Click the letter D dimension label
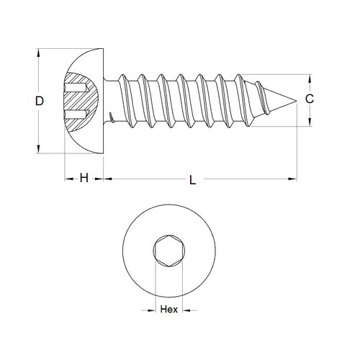40,102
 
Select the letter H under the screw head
84,179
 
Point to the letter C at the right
309,101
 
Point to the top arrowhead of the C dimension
310,78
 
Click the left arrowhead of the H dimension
68,179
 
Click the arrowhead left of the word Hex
153,311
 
